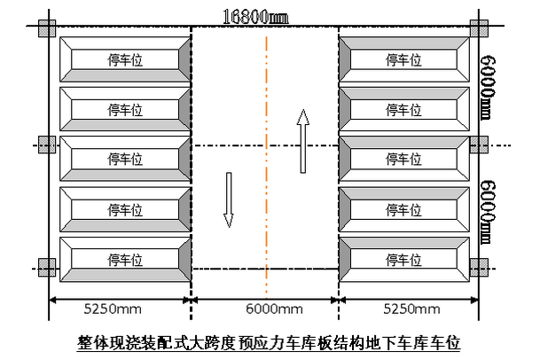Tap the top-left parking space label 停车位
click(x=125, y=60)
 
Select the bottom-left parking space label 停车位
click(x=125, y=260)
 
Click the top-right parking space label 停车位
click(x=403, y=60)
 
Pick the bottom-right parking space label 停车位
click(x=403, y=260)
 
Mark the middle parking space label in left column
click(x=125, y=160)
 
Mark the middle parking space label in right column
click(x=403, y=160)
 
